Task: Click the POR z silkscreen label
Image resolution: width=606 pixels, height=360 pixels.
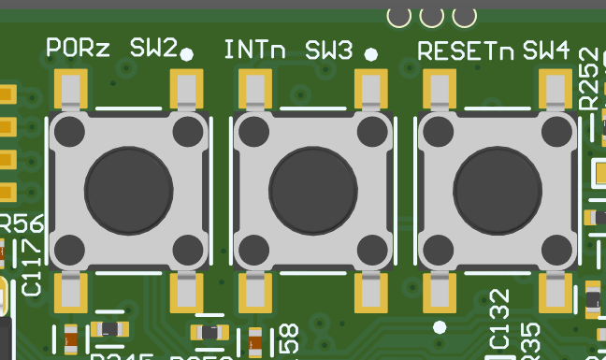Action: coord(78,49)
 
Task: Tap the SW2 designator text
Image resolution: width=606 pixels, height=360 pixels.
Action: coord(152,49)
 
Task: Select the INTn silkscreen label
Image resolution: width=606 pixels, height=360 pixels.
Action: coord(255,50)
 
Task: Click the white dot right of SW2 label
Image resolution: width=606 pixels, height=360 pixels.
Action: coord(187,54)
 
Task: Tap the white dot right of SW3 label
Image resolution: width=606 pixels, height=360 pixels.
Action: coord(371,54)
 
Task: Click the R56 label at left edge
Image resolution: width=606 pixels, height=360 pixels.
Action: coord(21,224)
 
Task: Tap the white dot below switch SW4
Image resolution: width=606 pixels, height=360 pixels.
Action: coord(440,326)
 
